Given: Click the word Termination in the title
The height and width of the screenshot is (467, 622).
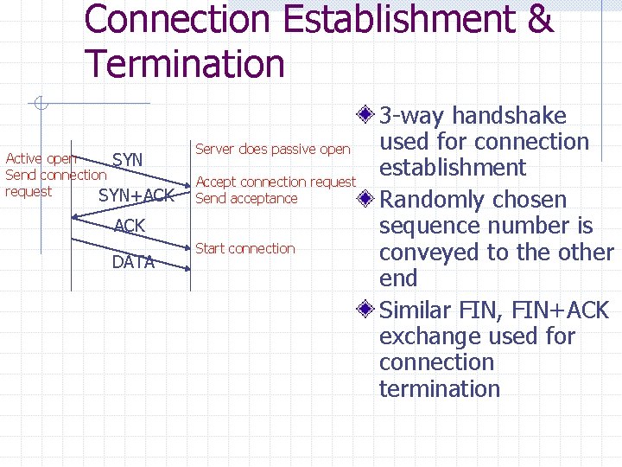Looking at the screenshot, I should point(185,64).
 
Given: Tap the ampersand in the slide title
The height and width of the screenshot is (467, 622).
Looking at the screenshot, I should point(539,19).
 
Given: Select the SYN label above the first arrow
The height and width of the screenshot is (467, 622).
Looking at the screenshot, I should point(128,160).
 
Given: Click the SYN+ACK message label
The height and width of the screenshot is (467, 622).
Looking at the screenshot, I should point(136,195).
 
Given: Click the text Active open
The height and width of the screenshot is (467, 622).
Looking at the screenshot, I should point(41,158).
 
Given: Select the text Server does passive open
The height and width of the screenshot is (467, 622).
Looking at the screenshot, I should point(273,149).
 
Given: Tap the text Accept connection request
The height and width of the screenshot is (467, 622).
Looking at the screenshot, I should point(276,182).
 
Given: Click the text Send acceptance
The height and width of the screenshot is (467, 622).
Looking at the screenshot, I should point(246,198).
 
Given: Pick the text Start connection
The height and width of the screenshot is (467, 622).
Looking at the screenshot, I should point(245,248).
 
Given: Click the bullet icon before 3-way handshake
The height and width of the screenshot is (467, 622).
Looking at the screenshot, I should point(367,116).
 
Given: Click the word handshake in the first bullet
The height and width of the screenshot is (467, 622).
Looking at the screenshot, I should point(510,116).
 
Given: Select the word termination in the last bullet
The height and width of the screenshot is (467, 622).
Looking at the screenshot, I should point(440,388).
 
